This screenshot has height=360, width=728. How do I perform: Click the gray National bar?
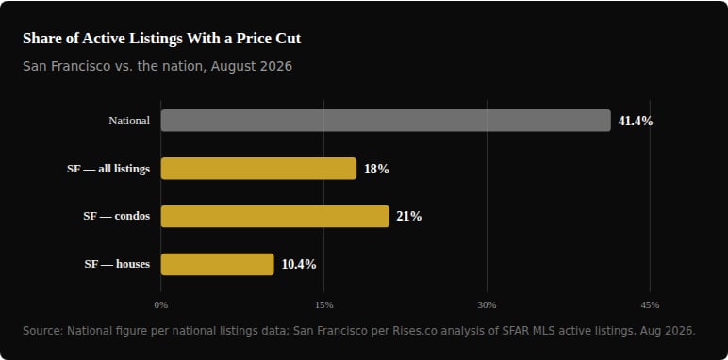386,121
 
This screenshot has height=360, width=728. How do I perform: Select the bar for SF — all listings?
258,169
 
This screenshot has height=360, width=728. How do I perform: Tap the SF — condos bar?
274,216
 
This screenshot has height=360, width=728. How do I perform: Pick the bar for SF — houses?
217,265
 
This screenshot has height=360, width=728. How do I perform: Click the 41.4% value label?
636,121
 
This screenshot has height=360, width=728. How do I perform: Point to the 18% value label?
376,169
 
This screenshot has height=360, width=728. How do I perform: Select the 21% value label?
409,217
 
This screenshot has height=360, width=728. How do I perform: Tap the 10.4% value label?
299,265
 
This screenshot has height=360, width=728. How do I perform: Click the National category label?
129,121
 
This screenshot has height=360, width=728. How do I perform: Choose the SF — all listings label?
108,169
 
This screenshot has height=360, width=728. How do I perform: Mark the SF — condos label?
117,216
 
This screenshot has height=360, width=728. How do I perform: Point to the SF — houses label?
117,264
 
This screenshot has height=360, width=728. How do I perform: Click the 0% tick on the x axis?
161,305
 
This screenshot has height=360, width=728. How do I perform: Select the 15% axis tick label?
324,305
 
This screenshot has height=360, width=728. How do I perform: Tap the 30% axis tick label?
487,305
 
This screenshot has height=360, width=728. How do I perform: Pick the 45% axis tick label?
650,305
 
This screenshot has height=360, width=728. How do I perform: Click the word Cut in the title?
290,39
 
